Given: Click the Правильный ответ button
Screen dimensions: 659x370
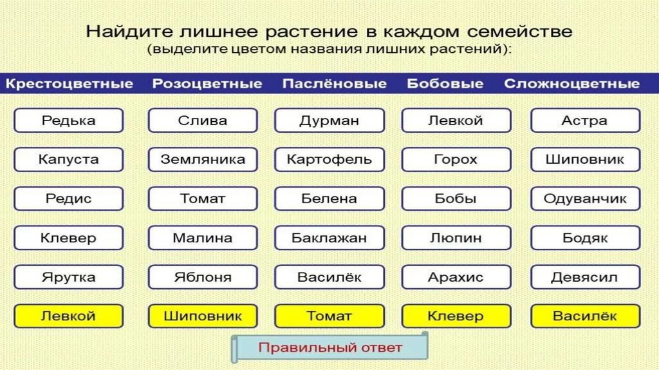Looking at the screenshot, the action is click(x=329, y=348).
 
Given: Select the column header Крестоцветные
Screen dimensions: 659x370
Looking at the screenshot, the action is click(x=70, y=84).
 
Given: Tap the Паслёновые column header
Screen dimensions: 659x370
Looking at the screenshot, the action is click(x=334, y=84).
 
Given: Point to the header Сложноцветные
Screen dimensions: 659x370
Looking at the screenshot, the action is click(x=571, y=84).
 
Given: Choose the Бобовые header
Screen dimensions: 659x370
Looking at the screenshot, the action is click(x=445, y=84).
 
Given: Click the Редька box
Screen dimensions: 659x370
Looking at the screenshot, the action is click(x=68, y=121).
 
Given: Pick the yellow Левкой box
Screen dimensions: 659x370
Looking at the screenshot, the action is click(x=68, y=316).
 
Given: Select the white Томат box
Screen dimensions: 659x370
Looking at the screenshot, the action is click(x=203, y=199).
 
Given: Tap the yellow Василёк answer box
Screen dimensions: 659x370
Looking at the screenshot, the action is click(x=585, y=316).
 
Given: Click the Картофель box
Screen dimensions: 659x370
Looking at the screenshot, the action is click(x=329, y=159).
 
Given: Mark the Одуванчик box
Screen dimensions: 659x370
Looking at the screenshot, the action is click(x=585, y=199).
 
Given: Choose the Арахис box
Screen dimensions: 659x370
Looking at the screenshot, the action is click(x=456, y=277).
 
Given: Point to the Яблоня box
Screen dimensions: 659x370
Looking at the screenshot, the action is click(x=203, y=277).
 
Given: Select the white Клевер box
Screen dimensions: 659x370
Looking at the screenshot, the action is click(x=68, y=238).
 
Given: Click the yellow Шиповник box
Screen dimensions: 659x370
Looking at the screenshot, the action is click(x=203, y=316).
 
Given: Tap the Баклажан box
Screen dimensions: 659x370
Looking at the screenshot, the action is click(x=329, y=238).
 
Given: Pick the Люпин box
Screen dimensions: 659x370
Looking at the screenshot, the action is click(x=456, y=238).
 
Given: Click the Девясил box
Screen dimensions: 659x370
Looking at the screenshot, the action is click(x=585, y=277).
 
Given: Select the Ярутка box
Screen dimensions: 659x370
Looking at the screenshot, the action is click(x=68, y=277).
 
